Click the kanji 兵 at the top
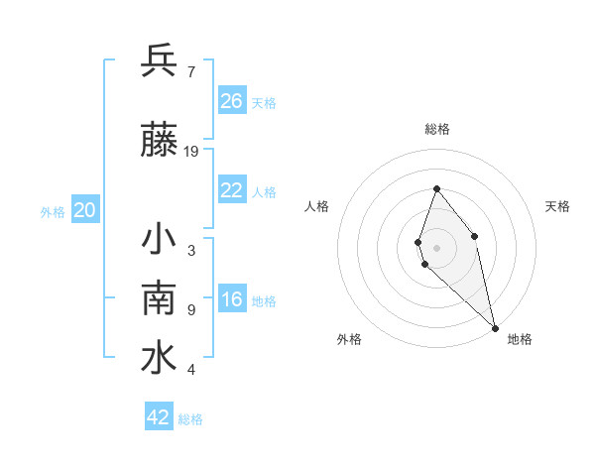pos(159,61)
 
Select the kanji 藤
pos(159,142)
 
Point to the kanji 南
pos(159,299)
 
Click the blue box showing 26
pos(232,100)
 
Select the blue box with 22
pos(232,190)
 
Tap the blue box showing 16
pos(232,300)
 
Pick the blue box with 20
pos(85,209)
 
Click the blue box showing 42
pos(159,417)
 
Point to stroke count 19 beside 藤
pos(191,152)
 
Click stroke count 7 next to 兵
pos(191,71)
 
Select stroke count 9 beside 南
pos(191,309)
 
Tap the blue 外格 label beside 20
pos(53,211)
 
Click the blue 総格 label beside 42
pos(190,419)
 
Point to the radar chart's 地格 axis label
pos(520,340)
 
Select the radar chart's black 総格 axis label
pos(436,129)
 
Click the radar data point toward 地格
pos(494,327)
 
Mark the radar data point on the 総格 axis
pos(436,188)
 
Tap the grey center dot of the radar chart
pos(436,247)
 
